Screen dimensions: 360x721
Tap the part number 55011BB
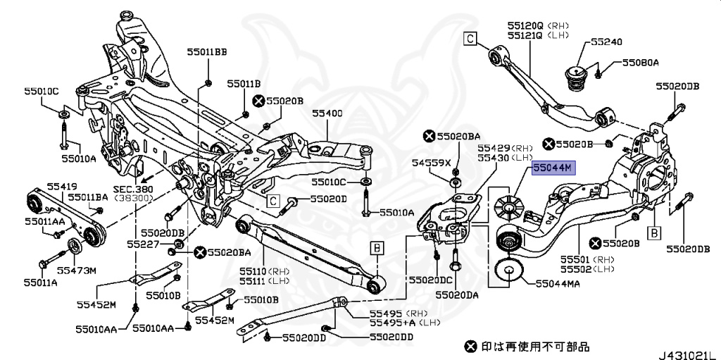[x=207, y=52]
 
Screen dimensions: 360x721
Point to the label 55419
[x=62, y=186]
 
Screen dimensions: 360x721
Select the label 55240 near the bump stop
[x=606, y=42]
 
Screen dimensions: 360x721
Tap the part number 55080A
[x=639, y=63]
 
